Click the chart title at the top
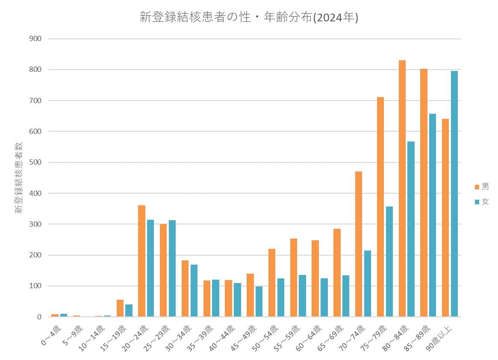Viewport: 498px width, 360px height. (249, 18)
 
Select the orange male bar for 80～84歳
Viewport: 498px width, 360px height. (402, 188)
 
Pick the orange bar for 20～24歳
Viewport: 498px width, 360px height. (141, 261)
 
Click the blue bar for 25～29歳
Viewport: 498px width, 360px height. (172, 268)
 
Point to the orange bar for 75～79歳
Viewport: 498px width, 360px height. (380, 207)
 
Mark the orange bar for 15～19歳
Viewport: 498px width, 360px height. (120, 308)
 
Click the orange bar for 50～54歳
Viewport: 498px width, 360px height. (272, 283)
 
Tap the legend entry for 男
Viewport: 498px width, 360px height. (481, 186)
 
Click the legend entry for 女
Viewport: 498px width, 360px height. (481, 202)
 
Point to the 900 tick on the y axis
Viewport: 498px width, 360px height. (35, 39)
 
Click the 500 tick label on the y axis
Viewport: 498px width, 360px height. (35, 162)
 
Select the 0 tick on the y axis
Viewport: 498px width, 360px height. (39, 317)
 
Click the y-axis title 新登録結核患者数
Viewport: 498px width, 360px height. (19, 177)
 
